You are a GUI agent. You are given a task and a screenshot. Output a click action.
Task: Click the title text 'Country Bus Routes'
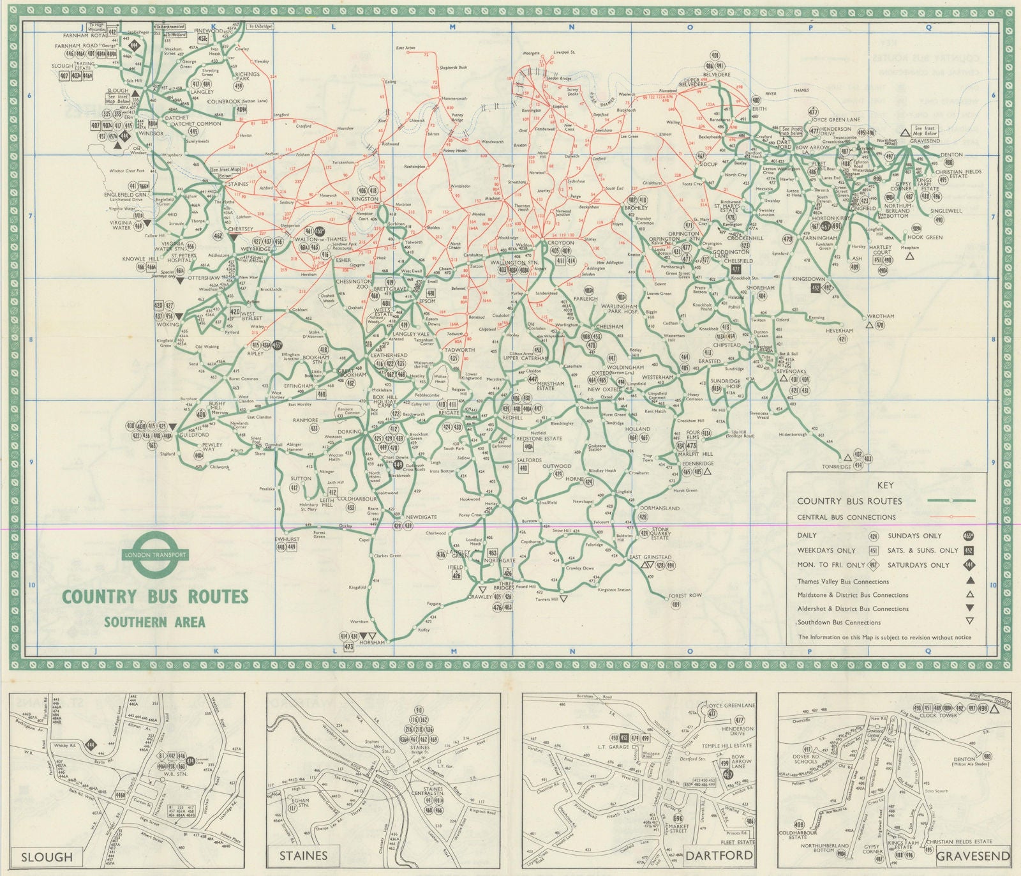click(154, 597)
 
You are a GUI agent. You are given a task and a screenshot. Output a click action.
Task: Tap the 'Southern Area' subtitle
click(154, 622)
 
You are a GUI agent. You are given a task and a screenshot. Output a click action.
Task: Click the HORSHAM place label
click(372, 643)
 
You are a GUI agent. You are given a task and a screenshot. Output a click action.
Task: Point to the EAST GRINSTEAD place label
click(647, 557)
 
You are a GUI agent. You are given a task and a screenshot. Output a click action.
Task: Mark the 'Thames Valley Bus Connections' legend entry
click(842, 582)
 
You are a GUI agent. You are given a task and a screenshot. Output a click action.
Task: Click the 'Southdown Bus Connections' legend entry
click(839, 622)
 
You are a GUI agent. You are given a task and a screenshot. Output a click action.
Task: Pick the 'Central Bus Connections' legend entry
click(846, 517)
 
